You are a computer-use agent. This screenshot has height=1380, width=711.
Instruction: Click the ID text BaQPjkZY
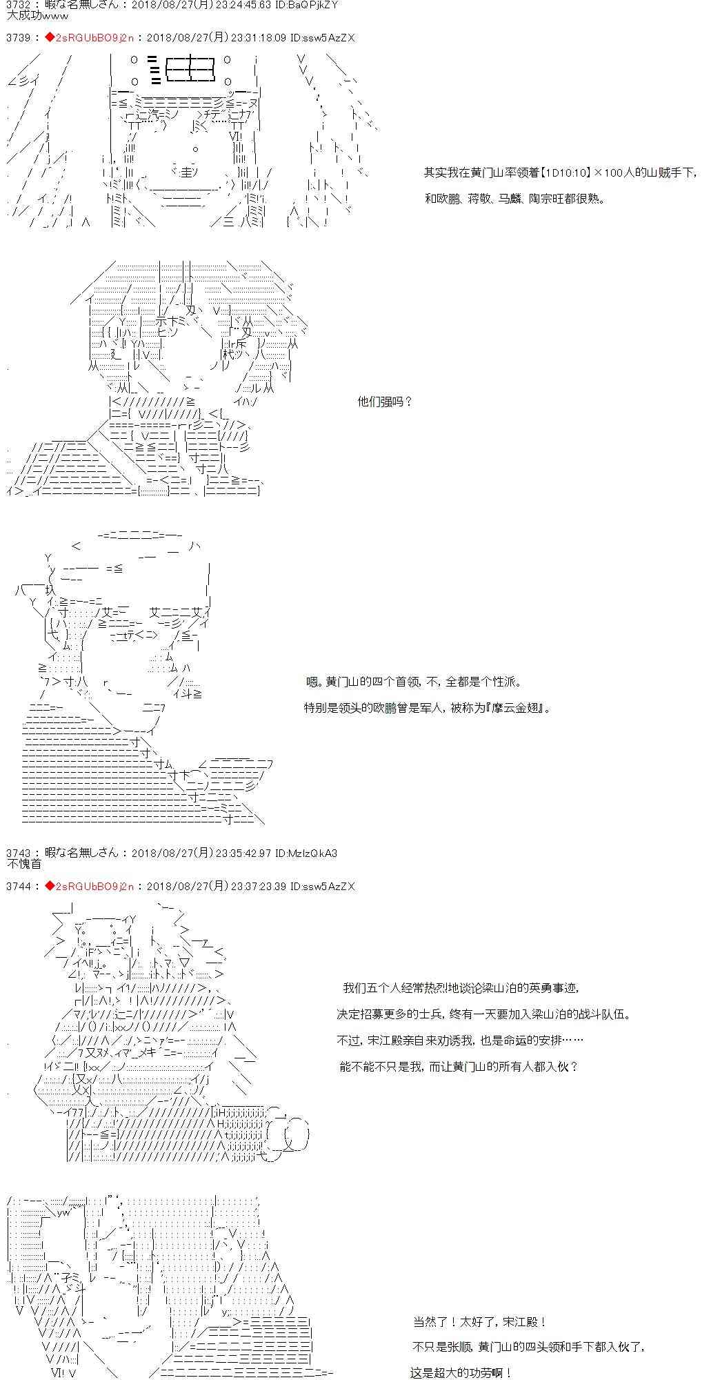pos(317,6)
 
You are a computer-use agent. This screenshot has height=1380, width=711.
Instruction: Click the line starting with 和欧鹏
pos(514,199)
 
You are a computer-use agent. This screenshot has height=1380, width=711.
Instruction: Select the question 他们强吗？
pos(385,402)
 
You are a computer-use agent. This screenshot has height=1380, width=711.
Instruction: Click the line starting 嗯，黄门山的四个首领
pos(414,682)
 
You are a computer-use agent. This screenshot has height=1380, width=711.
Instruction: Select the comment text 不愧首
pos(23,864)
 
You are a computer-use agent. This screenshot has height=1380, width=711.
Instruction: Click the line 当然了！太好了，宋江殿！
pos(480,1322)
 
